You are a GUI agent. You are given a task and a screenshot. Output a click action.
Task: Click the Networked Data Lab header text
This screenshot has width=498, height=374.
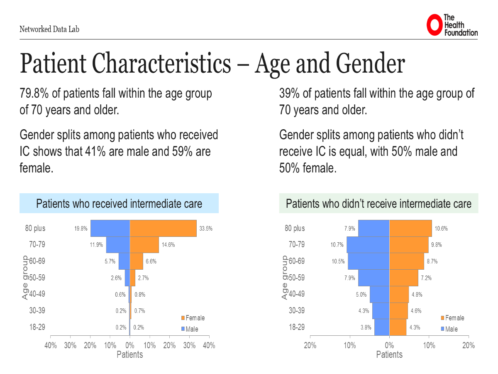click(49, 29)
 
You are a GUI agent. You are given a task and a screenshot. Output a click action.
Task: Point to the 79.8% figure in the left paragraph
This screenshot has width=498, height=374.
click(34, 93)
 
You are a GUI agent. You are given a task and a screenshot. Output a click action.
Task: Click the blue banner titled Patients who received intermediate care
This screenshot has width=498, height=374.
click(119, 204)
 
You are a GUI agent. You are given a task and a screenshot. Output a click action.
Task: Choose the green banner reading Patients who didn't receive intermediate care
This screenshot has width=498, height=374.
click(378, 204)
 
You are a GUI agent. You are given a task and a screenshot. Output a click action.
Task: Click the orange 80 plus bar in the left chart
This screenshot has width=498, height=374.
click(163, 228)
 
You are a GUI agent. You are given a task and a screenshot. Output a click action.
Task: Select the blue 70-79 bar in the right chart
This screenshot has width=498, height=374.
click(368, 245)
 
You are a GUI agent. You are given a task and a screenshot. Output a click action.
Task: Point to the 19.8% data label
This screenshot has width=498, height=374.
click(81, 229)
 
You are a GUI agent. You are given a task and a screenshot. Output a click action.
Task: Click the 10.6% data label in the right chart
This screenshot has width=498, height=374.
click(441, 229)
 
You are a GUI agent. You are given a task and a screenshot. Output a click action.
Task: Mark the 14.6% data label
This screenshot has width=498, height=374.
click(168, 245)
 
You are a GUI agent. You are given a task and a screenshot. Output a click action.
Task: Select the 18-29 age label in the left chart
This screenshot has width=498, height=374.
click(37, 327)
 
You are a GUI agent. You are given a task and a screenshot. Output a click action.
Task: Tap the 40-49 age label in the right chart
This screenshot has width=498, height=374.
click(296, 294)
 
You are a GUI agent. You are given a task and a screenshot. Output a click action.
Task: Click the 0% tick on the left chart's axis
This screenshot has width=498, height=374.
click(130, 345)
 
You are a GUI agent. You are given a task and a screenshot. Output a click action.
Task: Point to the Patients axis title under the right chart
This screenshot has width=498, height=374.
click(389, 354)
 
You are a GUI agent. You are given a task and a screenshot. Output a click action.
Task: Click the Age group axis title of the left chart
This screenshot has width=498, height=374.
click(25, 278)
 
